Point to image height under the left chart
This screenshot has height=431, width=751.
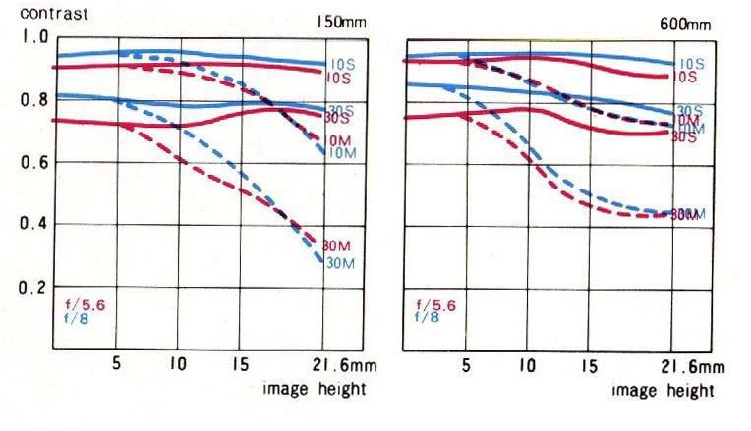click(x=314, y=388)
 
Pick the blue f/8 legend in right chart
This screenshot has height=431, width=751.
click(x=427, y=317)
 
